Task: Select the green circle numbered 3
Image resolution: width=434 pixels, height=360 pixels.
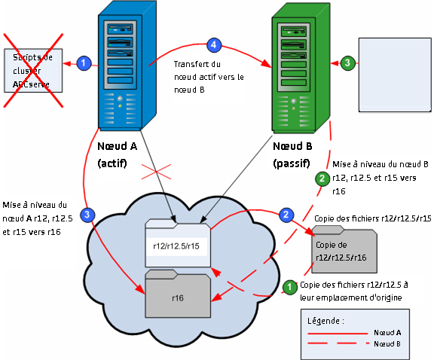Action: click(347, 63)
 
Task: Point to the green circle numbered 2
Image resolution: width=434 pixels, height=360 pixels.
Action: click(322, 178)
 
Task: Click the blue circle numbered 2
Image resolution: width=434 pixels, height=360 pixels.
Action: click(286, 215)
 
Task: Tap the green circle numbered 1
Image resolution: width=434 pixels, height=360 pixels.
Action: click(289, 286)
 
